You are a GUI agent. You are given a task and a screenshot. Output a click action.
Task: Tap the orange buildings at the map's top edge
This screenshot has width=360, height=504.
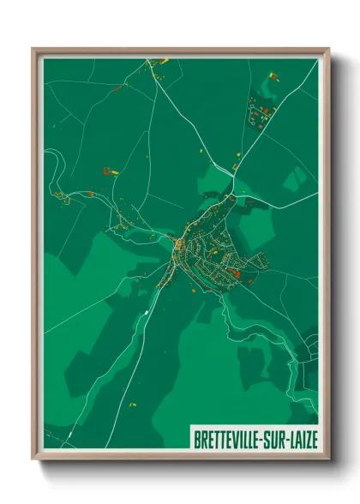tap(158, 63)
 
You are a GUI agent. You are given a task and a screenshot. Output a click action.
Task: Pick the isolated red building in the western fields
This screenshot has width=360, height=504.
tap(108, 171)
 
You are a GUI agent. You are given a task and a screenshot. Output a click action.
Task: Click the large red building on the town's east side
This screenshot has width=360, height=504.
tap(234, 273)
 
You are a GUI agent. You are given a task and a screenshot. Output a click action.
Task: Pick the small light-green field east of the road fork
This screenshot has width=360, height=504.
tap(296, 178)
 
